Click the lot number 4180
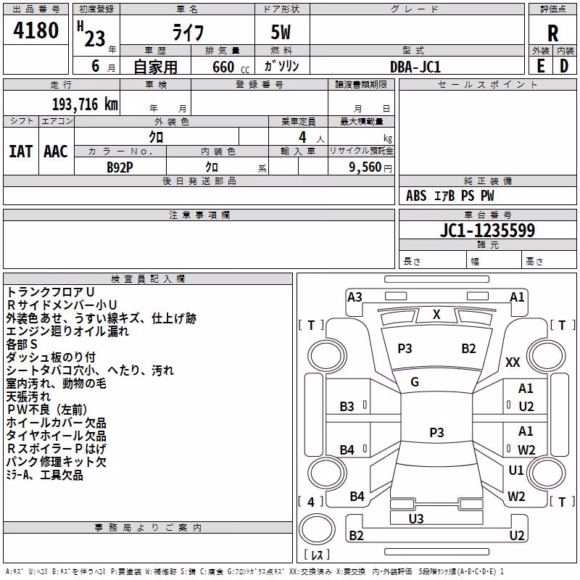(x=36, y=30)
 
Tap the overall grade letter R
(x=552, y=33)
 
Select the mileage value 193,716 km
(x=85, y=104)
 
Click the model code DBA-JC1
(x=415, y=67)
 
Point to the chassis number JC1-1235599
(x=487, y=230)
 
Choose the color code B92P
(x=120, y=167)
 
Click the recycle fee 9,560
(x=365, y=167)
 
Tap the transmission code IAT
(x=20, y=152)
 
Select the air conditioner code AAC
(x=56, y=152)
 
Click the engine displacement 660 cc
(x=231, y=67)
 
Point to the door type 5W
(x=281, y=32)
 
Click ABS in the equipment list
(x=416, y=196)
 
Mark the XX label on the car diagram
(x=513, y=362)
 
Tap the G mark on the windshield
(x=415, y=382)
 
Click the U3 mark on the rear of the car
(x=416, y=518)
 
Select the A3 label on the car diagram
(x=355, y=297)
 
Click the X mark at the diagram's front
(x=436, y=315)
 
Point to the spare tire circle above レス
(x=317, y=529)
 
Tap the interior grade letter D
(x=564, y=66)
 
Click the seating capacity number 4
(x=302, y=137)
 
